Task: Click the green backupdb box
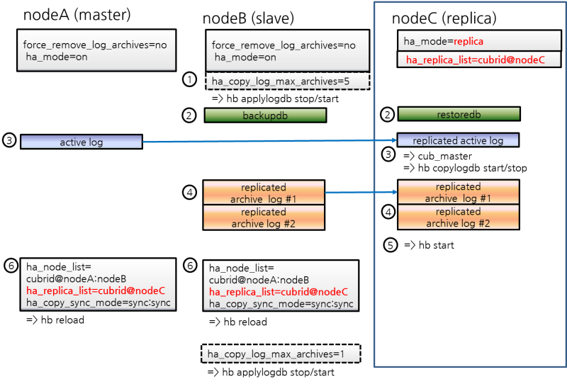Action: pyautogui.click(x=265, y=115)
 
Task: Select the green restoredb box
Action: pyautogui.click(x=459, y=114)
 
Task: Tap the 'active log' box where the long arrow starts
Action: pyautogui.click(x=82, y=142)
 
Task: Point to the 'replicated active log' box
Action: pyautogui.click(x=458, y=140)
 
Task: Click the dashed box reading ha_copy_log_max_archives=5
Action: pyautogui.click(x=288, y=81)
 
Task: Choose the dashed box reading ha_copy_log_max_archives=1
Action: pyautogui.click(x=281, y=354)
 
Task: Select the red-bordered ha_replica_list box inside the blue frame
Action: pyautogui.click(x=480, y=60)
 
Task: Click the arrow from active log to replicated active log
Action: pyautogui.click(x=269, y=142)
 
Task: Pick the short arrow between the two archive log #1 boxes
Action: pyautogui.click(x=360, y=192)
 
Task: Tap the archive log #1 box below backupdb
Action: pyautogui.click(x=264, y=193)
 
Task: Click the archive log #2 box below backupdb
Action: pyautogui.click(x=264, y=218)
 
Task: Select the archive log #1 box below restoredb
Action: pyautogui.click(x=458, y=193)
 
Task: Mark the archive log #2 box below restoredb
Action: pyautogui.click(x=458, y=218)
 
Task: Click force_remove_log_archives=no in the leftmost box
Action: pyautogui.click(x=95, y=45)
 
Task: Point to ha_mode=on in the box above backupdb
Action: pyautogui.click(x=245, y=57)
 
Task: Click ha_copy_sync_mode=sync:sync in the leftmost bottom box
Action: pyautogui.click(x=98, y=303)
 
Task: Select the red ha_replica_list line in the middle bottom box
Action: pyautogui.click(x=278, y=292)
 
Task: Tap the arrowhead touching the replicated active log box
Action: pyautogui.click(x=393, y=140)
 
